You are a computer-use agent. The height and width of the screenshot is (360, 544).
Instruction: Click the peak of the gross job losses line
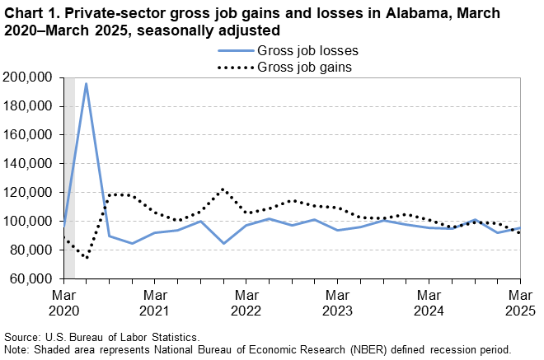[x=86, y=83]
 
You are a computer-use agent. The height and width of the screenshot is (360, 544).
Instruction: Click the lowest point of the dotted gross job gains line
[x=87, y=257]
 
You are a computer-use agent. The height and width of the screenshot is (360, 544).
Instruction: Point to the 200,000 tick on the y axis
[x=30, y=77]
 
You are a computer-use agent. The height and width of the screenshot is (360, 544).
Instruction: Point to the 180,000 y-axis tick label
[x=30, y=106]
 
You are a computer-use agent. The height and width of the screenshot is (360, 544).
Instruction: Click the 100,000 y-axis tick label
[x=30, y=222]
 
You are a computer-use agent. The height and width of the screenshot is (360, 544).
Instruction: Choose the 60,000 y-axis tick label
[x=33, y=279]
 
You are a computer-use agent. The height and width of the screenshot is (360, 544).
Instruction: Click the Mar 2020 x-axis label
[x=63, y=302]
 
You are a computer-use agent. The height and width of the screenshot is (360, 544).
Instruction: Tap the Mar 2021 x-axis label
[x=154, y=302]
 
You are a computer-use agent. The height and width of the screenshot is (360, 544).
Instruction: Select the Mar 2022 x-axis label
[x=246, y=302]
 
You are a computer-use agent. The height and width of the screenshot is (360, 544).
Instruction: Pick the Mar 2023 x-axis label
[x=336, y=302]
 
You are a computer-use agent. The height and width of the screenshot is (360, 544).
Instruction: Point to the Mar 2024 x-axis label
[x=428, y=302]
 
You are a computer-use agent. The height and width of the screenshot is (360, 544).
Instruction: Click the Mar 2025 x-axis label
[x=518, y=302]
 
